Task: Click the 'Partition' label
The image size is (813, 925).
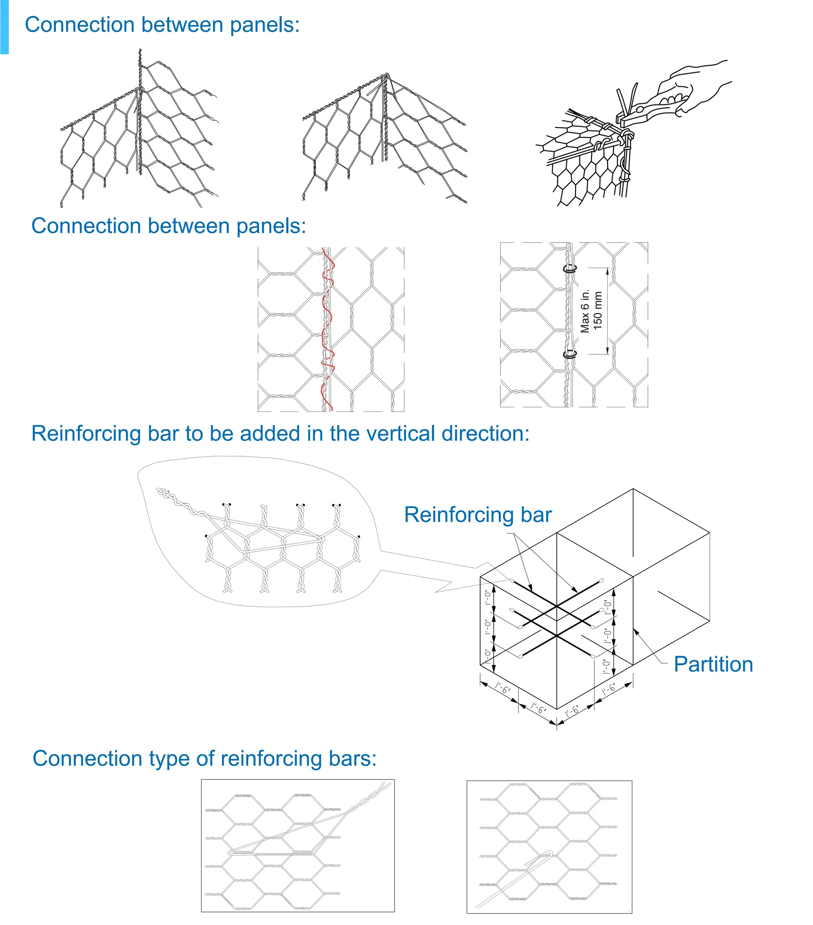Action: point(713,664)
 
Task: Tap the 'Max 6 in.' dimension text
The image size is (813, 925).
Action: point(585,311)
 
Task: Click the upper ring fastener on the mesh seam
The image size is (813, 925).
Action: point(570,269)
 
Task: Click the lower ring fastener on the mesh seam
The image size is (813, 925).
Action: point(570,354)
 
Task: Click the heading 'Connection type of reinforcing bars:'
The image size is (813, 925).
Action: point(204,759)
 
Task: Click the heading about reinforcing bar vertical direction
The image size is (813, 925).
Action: point(280,434)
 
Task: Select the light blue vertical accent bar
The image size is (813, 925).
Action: point(4,27)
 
